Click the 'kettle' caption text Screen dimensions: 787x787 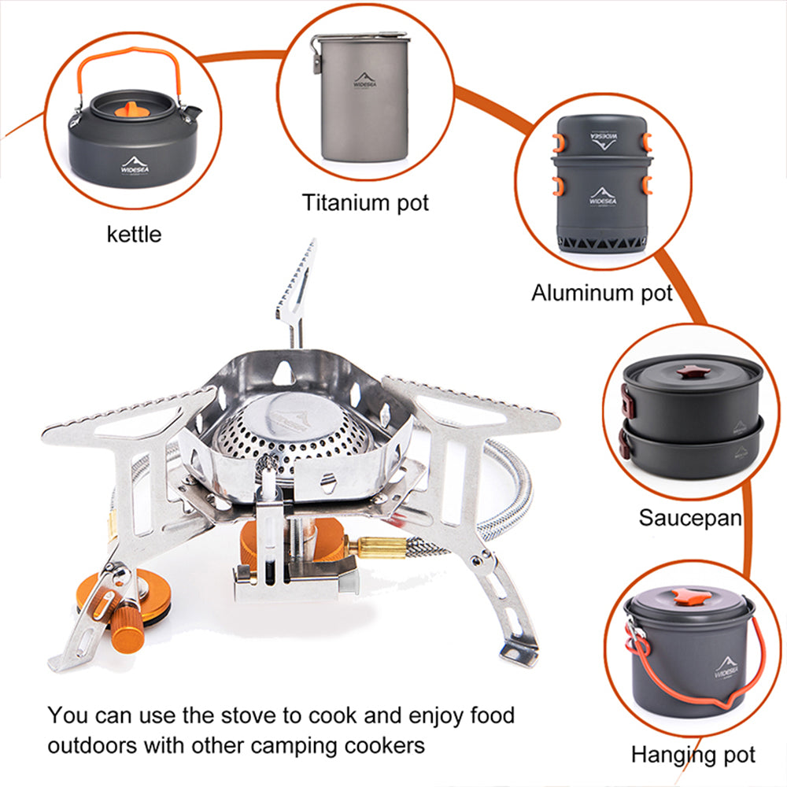click(134, 234)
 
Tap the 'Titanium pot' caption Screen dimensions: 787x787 click(366, 202)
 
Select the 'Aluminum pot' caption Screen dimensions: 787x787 click(601, 294)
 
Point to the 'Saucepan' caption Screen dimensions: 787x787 click(689, 517)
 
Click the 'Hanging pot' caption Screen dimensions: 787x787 click(693, 755)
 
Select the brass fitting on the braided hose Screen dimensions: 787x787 click(382, 546)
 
